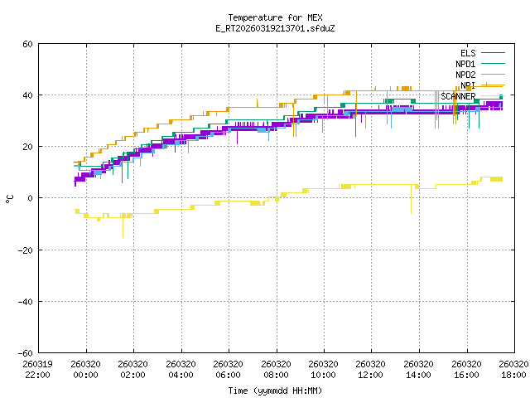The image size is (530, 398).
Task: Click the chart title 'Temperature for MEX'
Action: click(275, 17)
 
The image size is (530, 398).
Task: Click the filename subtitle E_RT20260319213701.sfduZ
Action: click(275, 27)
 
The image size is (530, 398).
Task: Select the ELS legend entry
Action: click(468, 53)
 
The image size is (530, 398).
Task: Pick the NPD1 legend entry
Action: click(464, 64)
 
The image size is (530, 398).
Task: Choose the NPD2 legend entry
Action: click(464, 75)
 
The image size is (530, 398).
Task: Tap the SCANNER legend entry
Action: click(458, 96)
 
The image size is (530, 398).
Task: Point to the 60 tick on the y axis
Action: click(28, 44)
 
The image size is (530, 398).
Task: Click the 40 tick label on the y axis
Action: click(28, 95)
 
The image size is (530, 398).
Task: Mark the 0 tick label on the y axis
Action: click(31, 198)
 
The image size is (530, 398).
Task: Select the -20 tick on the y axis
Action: click(26, 250)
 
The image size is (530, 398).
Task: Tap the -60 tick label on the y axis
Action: click(26, 352)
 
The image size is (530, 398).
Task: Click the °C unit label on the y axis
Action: click(9, 198)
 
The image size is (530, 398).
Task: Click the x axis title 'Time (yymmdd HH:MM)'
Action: click(275, 391)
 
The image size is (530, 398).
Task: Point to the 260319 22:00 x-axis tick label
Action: click(38, 369)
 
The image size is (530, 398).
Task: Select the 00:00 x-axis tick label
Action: click(86, 369)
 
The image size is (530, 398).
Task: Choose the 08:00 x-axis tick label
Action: click(277, 369)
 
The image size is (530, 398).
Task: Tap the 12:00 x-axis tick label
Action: click(372, 369)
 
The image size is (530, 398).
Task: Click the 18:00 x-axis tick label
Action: click(514, 369)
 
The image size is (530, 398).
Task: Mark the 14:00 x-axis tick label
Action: click(419, 369)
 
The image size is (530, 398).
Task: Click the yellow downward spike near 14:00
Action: click(411, 203)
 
